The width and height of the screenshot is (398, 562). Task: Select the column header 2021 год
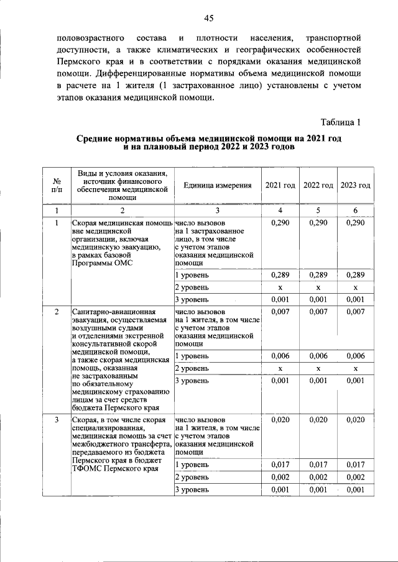coord(280,186)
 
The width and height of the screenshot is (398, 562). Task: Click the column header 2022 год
coord(318,186)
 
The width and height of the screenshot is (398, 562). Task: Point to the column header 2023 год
coord(356,186)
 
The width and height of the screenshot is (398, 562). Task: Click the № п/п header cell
coord(57,185)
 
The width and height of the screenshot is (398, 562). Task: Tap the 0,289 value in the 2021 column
coord(280,274)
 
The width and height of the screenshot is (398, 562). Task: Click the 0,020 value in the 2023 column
coord(356,420)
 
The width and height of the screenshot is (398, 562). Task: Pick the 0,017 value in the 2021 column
coord(280,464)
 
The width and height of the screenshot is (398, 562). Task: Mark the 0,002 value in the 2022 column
coord(318,477)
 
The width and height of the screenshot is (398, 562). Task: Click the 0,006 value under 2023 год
coord(356,356)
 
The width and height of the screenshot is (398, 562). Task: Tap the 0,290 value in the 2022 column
coord(318,222)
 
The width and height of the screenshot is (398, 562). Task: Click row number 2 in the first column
coord(57,310)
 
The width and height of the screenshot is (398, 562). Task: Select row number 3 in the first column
coord(57,420)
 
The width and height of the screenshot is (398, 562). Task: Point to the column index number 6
coord(356,210)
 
